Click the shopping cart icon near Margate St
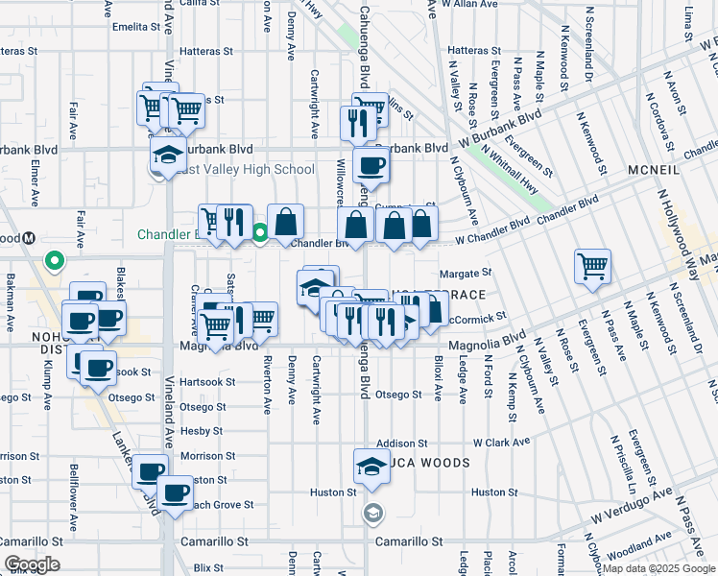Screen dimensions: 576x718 click(x=592, y=265)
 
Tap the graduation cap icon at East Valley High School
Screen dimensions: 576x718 click(x=167, y=155)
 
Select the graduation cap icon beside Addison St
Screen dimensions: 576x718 click(x=371, y=465)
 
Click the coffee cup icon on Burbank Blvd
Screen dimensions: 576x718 click(x=371, y=164)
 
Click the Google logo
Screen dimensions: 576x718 click(x=32, y=564)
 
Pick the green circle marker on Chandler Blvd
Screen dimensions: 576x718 click(x=260, y=230)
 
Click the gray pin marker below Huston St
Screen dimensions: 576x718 click(x=372, y=513)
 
